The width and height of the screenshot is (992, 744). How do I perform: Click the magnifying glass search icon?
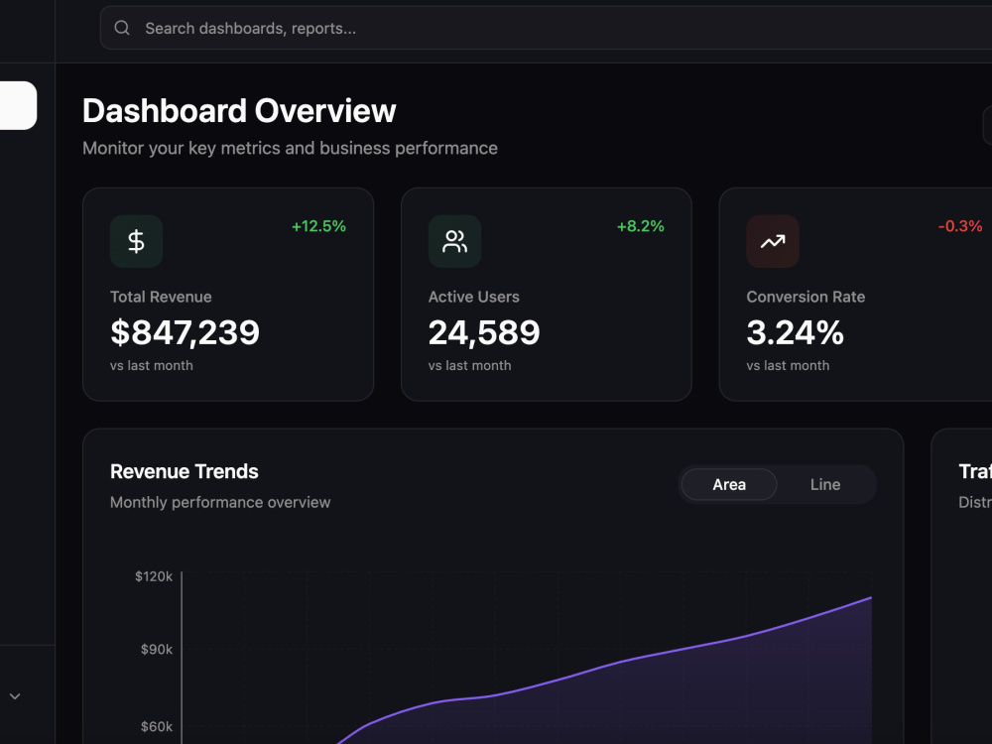click(122, 28)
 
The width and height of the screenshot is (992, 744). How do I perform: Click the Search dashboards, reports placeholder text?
click(251, 29)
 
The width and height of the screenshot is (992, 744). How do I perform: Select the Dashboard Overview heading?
click(239, 111)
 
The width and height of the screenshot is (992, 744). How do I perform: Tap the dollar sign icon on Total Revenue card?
click(136, 241)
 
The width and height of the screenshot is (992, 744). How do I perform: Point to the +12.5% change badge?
click(318, 226)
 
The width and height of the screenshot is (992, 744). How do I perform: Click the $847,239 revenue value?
click(185, 332)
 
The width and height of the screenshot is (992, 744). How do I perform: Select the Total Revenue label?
click(161, 297)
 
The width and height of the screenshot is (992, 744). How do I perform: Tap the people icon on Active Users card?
click(454, 241)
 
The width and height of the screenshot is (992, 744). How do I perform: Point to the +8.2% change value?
click(640, 226)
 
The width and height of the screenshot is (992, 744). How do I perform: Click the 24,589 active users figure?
click(484, 332)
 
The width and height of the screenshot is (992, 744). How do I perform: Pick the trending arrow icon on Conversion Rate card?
click(773, 241)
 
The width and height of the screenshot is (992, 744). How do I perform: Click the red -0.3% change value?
click(960, 226)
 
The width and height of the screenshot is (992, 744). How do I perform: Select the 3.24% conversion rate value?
click(796, 332)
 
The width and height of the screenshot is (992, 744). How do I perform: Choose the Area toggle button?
click(729, 485)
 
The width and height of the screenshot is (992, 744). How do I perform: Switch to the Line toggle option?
click(825, 485)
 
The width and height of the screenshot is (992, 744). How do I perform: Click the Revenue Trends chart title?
click(185, 471)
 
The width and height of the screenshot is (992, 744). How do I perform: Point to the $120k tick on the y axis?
click(154, 576)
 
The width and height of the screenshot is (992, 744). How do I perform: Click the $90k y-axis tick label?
click(157, 649)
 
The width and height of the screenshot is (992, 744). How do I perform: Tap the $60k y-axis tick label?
click(157, 726)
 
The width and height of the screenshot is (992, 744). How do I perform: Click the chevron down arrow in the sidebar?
click(15, 696)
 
